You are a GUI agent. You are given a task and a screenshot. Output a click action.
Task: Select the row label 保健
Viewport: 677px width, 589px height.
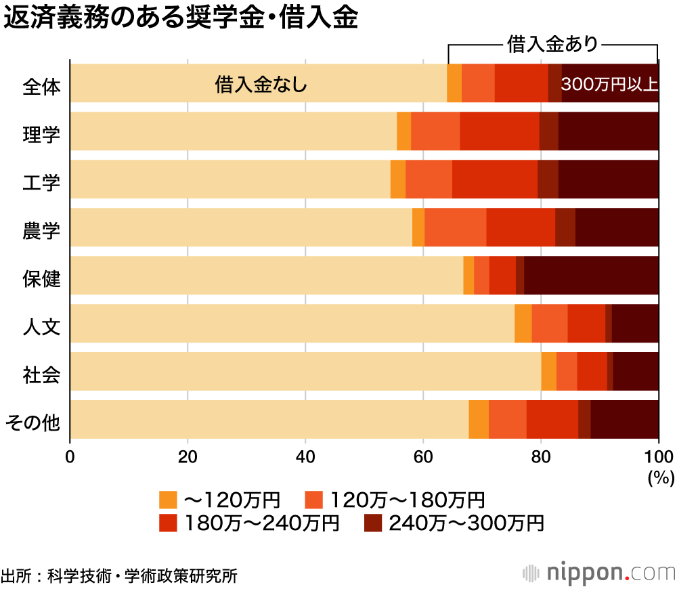(41, 278)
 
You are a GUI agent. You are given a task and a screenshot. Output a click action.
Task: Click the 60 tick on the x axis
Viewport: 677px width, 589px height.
(423, 456)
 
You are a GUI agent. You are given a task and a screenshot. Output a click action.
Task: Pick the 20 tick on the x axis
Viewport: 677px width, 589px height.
(188, 456)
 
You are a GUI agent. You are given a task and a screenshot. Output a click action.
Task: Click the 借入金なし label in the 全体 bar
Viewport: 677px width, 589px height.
(261, 85)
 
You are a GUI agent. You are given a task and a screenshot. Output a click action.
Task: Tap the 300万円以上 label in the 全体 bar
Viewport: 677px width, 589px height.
(609, 85)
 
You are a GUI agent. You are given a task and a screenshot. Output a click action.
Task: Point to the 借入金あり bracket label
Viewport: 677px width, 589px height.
(552, 45)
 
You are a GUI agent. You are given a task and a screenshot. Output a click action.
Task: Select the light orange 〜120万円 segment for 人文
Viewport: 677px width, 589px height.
(523, 324)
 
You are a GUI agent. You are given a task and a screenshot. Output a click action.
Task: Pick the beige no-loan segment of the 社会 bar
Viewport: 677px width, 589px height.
(305, 372)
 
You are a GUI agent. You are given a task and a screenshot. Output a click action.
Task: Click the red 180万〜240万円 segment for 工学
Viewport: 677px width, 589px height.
(494, 179)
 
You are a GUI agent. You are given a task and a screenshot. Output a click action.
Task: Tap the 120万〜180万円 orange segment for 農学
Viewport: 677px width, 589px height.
(455, 227)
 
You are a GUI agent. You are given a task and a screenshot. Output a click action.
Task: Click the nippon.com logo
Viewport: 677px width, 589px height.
(599, 571)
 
